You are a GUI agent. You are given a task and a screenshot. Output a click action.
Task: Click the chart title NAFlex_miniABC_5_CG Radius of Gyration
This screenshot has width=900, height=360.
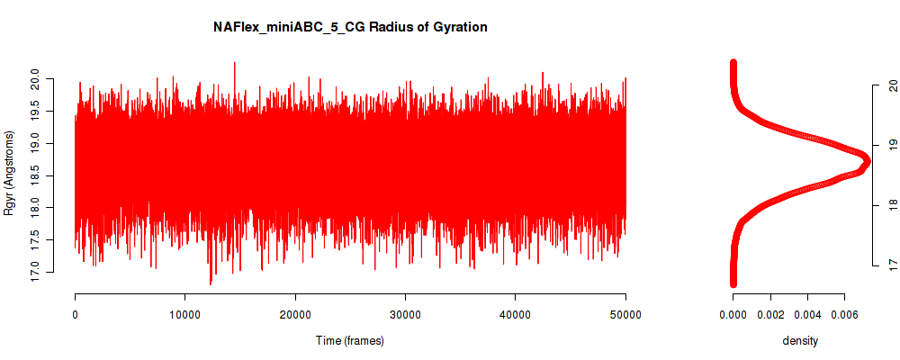350,27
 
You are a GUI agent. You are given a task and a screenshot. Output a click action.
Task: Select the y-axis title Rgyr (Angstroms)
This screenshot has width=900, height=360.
9,173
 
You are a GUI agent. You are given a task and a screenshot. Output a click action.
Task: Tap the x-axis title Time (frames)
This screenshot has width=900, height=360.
350,340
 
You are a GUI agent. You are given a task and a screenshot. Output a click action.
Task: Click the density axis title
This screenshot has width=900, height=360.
800,341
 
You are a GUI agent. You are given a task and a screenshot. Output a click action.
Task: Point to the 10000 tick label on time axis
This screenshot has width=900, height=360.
184,314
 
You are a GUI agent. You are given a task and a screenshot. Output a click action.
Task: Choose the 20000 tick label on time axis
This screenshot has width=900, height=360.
295,314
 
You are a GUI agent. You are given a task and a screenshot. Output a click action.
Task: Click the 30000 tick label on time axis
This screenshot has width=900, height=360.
405,314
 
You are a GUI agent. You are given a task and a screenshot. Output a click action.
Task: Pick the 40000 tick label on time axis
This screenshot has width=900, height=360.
516,314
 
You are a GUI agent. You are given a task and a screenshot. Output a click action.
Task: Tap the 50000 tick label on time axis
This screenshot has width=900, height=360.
625,314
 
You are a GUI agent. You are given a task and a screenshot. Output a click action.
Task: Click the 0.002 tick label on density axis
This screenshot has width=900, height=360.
771,314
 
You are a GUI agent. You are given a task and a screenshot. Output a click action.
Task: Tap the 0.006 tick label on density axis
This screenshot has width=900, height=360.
844,314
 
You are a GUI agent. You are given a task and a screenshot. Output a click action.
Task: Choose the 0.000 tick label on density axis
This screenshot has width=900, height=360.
733,314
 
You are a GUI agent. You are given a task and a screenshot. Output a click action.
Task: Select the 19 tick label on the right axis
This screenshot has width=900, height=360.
891,146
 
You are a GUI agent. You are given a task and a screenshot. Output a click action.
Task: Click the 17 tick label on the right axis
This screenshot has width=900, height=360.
891,265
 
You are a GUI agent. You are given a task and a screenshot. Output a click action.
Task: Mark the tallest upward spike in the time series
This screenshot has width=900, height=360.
234,63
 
